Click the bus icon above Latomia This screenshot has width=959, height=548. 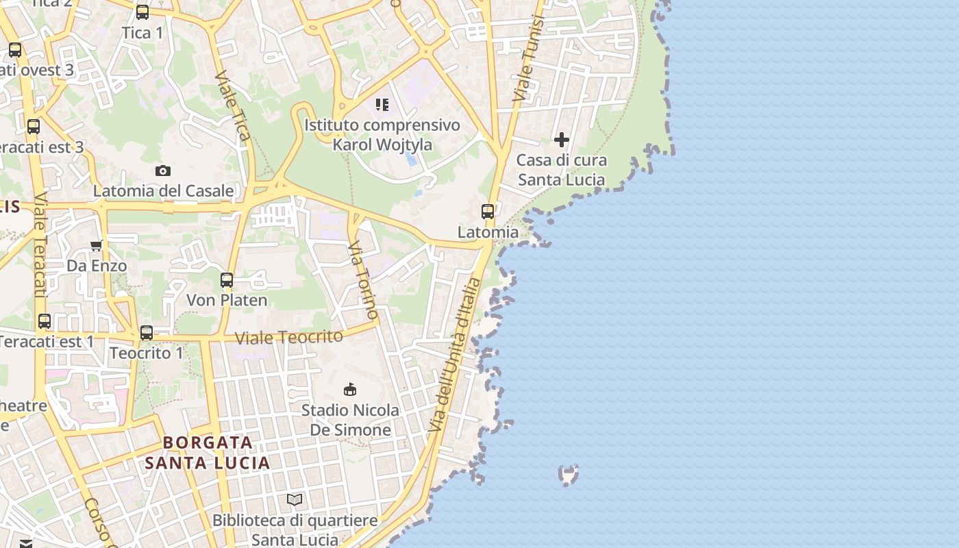click(x=488, y=212)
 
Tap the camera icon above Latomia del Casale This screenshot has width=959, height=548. click(x=163, y=171)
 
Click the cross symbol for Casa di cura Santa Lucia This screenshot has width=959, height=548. click(x=562, y=140)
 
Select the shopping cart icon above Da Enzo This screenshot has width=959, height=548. click(x=97, y=245)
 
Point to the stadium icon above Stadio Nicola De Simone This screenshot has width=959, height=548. click(x=350, y=390)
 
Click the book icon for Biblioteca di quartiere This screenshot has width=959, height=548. click(x=295, y=500)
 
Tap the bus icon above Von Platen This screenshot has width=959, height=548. click(x=227, y=279)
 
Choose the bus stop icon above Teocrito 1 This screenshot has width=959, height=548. click(x=147, y=333)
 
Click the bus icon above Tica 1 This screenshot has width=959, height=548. click(x=142, y=12)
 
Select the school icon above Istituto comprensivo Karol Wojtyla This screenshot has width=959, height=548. click(x=382, y=105)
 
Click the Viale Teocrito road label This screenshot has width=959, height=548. click(x=289, y=337)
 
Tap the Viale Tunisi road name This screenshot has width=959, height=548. click(x=528, y=59)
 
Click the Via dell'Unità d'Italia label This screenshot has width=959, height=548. click(x=453, y=355)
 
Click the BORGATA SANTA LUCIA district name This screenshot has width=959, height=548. click(x=208, y=452)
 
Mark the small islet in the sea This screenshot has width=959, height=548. click(x=568, y=474)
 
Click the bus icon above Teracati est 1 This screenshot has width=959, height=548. click(x=45, y=321)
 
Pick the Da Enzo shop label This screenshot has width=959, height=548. click(x=97, y=266)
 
